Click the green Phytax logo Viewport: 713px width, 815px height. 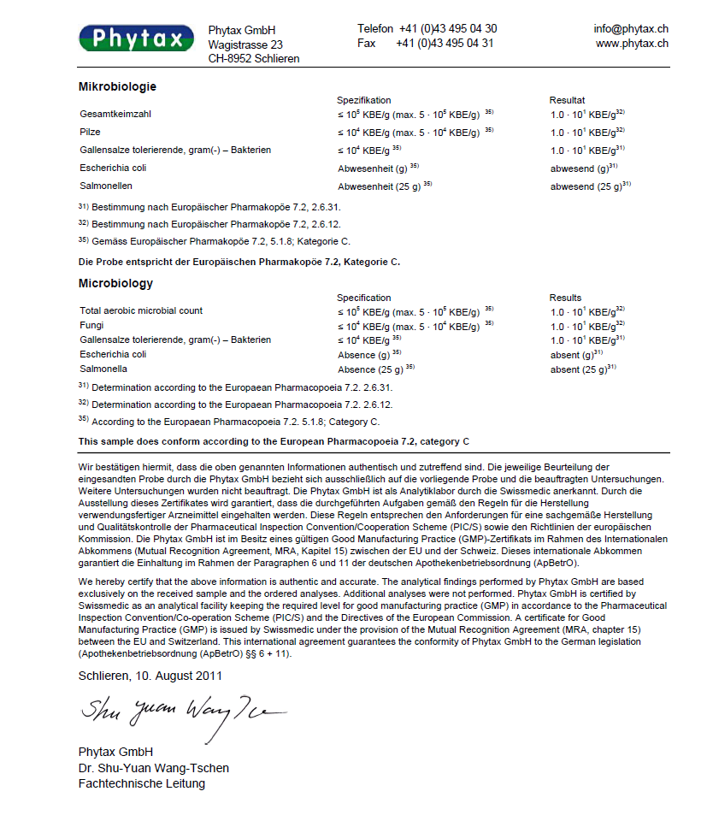[x=137, y=38]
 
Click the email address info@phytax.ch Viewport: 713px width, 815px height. [x=631, y=28]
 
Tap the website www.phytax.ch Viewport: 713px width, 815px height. [x=632, y=43]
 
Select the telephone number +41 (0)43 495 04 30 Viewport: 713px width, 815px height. [x=447, y=28]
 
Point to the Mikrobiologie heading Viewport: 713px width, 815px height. [x=117, y=86]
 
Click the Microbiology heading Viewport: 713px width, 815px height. [x=115, y=283]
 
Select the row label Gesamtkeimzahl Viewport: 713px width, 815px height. [x=115, y=114]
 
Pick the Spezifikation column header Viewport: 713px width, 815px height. [x=363, y=100]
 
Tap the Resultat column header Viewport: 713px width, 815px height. [x=567, y=100]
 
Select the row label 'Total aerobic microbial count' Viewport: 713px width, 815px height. [x=141, y=310]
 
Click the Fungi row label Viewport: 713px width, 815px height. [x=91, y=325]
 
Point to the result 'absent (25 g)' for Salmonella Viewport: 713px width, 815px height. [x=581, y=369]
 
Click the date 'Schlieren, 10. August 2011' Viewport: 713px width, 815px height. [x=150, y=676]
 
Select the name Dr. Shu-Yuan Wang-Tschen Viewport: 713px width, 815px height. [x=153, y=768]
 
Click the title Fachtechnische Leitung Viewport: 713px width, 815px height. [x=141, y=783]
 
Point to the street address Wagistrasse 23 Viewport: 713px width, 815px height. [x=245, y=44]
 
